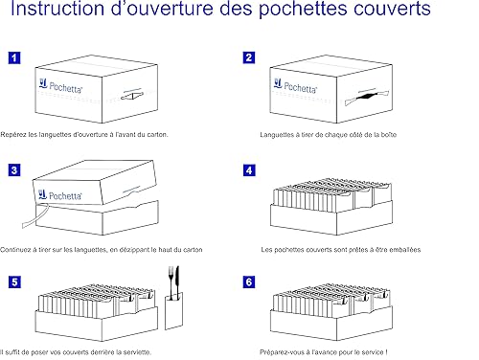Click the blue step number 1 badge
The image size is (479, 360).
(14, 58)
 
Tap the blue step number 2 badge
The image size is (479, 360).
(249, 57)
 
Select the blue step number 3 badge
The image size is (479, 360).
(14, 170)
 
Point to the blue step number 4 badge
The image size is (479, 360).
(249, 170)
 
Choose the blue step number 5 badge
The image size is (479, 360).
(14, 282)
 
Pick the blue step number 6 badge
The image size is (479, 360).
(249, 282)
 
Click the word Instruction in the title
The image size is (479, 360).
(57, 9)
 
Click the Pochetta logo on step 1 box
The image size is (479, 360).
(60, 85)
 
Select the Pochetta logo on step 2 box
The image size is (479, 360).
(295, 85)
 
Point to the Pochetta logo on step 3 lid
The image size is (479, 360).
(60, 195)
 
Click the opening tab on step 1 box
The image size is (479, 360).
(131, 95)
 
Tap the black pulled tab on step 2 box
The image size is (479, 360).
(366, 96)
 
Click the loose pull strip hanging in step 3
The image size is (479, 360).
(35, 215)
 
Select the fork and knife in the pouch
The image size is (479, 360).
(173, 282)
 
